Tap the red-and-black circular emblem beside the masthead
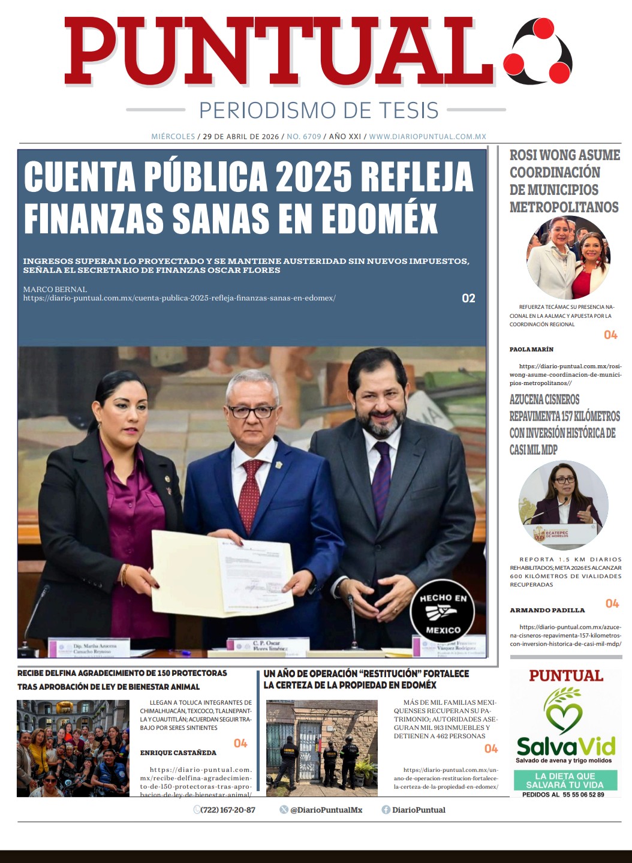coord(538,51)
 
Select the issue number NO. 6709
coord(304,137)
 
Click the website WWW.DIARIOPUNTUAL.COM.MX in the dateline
coord(427,137)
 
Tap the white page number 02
coord(468,298)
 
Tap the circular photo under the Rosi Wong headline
coord(567,258)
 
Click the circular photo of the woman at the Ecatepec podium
coord(563,505)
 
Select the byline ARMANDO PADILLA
coord(547,610)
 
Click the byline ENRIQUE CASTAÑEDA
coord(178,753)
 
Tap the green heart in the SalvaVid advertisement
coord(564,714)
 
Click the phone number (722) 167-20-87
coord(228,810)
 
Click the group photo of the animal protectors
coord(73,748)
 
